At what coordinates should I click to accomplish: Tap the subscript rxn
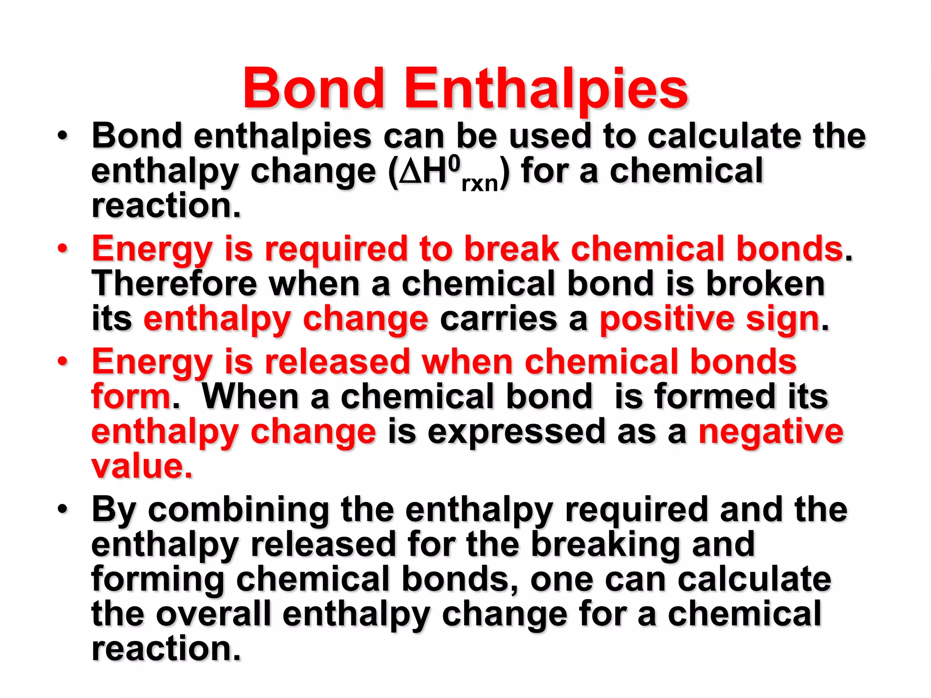point(480,184)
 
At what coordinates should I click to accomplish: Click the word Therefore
point(174,284)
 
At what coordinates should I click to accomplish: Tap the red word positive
point(666,319)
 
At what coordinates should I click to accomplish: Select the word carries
point(498,319)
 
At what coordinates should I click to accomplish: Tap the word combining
point(238,510)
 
